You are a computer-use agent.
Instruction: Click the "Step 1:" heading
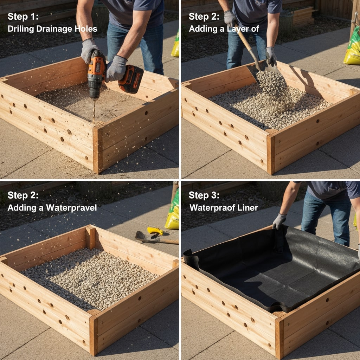[x=23, y=17]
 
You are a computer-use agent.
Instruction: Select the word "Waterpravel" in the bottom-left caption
[x=71, y=208]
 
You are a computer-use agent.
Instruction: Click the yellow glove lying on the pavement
[x=155, y=231]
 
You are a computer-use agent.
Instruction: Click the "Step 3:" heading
[x=204, y=195]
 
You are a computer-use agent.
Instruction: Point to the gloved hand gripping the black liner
[x=279, y=221]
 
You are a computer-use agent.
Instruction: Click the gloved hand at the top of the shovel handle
[x=230, y=18]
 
